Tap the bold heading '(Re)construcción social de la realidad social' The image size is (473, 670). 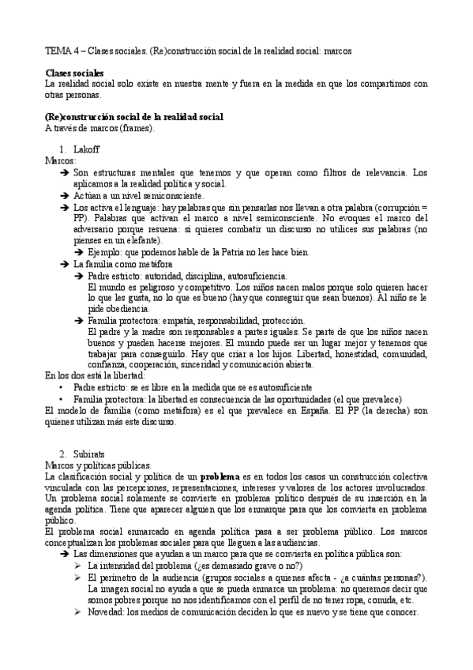pos(134,117)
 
